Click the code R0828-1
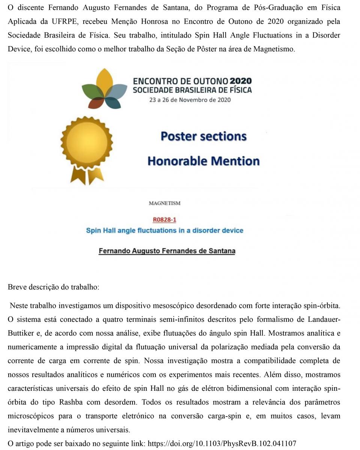[x=164, y=220]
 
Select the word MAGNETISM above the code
[x=164, y=203]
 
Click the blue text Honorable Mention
[x=203, y=161]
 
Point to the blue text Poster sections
[x=203, y=136]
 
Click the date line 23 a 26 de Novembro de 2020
[x=190, y=100]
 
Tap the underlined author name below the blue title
[x=167, y=251]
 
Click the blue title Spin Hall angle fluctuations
[x=164, y=230]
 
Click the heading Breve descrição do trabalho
[x=53, y=287]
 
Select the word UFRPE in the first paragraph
[x=64, y=21]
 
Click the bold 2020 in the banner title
[x=241, y=81]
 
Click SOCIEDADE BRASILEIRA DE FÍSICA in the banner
[x=192, y=90]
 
